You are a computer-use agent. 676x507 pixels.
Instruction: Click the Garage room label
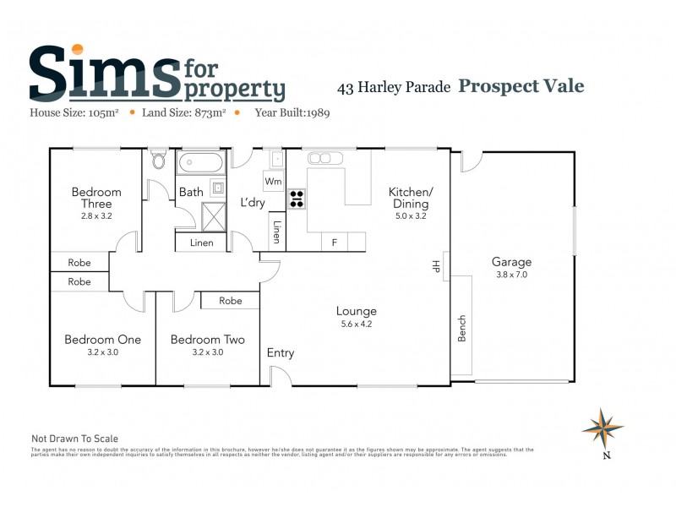point(511,262)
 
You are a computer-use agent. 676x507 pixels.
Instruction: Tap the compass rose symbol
point(602,428)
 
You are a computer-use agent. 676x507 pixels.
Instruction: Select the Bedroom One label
point(102,340)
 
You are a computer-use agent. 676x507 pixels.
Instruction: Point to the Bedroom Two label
point(207,340)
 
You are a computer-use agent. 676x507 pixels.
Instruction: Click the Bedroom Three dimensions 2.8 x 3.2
point(95,216)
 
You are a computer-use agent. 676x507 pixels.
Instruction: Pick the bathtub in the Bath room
point(200,162)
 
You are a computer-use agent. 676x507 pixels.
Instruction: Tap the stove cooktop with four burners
point(297,199)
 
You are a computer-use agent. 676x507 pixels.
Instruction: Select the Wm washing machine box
point(273,182)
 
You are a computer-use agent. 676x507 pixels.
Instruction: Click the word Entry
point(281,353)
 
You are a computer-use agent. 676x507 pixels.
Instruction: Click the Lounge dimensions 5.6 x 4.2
point(355,324)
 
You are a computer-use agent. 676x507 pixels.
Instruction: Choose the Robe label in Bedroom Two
point(231,301)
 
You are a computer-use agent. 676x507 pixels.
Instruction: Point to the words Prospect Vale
point(521,86)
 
